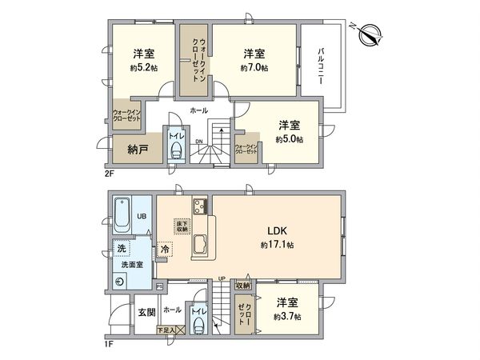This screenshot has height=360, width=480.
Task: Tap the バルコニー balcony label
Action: coord(320,67)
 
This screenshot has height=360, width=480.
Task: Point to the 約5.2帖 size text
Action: coord(144,69)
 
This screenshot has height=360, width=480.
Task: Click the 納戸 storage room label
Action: coord(138,150)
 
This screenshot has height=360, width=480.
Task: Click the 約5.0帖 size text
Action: coord(289,139)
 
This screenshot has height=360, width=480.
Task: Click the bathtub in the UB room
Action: coord(123,213)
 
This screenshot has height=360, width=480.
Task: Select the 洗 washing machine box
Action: coord(119,248)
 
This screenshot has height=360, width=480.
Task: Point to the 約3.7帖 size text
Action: coord(287,317)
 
